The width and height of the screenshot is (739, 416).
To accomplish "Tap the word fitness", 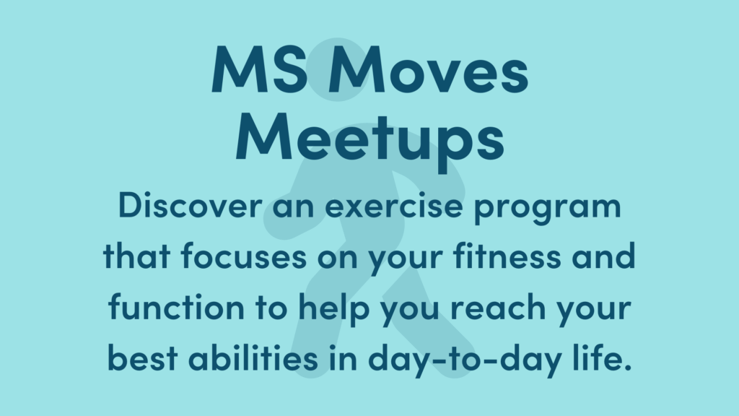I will click(x=519, y=258).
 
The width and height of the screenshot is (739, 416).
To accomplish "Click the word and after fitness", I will click(x=605, y=258).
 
